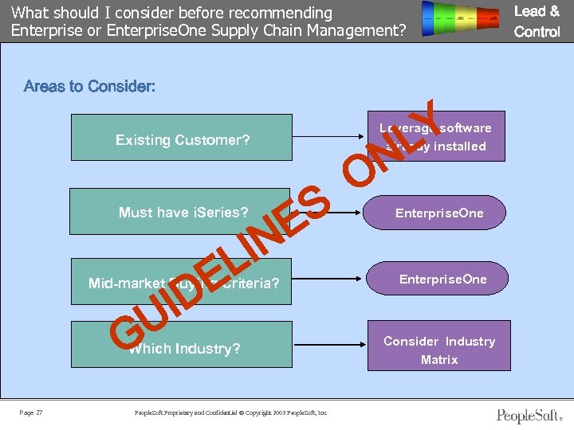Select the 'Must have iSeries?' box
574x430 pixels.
point(183,211)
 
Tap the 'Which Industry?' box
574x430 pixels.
point(183,347)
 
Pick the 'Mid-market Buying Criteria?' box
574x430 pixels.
point(183,282)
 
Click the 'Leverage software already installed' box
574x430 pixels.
point(435,137)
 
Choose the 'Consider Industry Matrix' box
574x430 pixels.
point(438,350)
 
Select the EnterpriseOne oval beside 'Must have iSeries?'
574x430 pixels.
point(438,213)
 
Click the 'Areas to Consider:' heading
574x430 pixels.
point(89,86)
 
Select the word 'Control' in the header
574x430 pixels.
point(537,32)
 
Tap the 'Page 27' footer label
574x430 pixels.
point(31,412)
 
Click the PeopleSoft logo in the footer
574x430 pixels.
point(529,415)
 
